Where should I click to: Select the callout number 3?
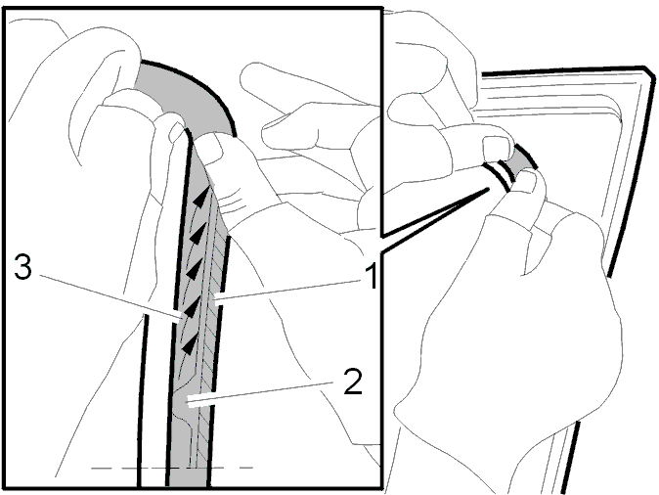point(22,266)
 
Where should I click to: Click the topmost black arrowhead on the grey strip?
point(201,196)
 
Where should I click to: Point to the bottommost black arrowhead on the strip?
point(190,344)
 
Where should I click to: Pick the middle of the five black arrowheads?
point(194,270)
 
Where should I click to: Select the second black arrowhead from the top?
point(198,232)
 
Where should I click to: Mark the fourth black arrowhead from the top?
point(191,308)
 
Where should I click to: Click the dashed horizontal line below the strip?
point(171,468)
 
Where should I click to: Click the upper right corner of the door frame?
point(650,71)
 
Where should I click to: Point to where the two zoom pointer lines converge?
point(488,190)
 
